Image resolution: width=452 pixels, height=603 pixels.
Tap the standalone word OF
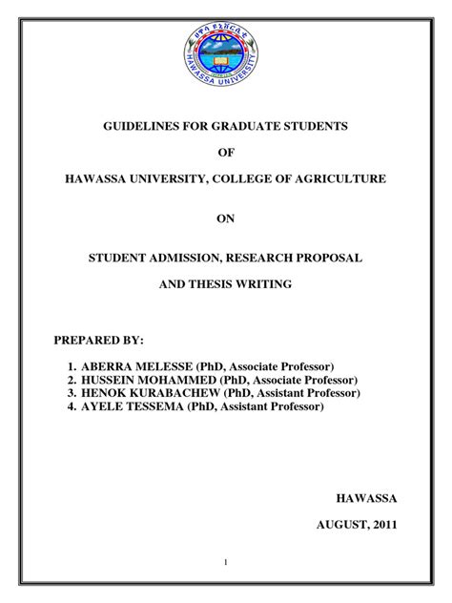[226, 152]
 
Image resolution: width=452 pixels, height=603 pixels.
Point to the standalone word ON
[226, 218]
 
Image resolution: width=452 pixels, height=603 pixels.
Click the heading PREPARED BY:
[99, 340]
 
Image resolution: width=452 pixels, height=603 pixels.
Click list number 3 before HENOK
[72, 393]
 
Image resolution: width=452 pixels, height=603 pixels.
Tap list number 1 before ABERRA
[72, 366]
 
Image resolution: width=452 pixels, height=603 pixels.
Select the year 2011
[382, 525]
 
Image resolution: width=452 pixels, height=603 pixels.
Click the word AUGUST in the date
[338, 525]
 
